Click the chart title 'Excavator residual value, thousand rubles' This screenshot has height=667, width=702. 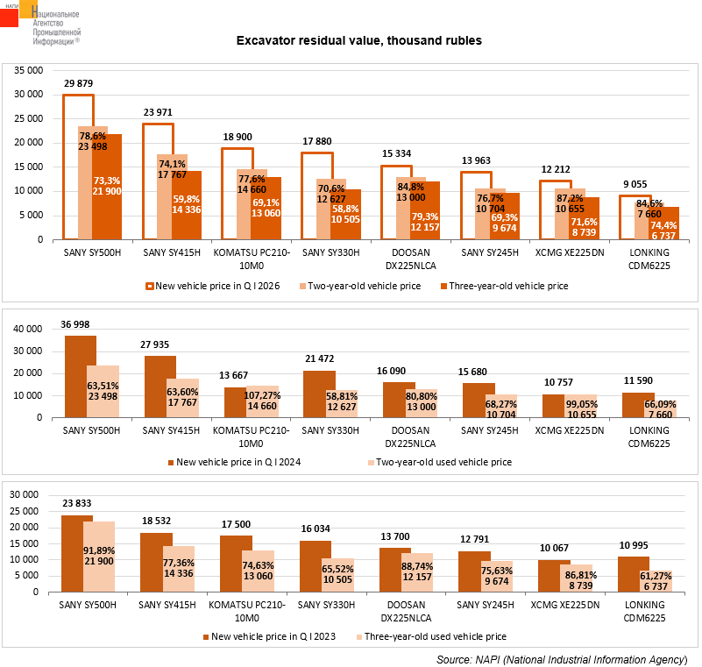point(359,40)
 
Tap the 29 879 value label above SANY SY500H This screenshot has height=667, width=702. point(78,84)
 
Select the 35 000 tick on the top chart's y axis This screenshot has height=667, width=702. point(29,70)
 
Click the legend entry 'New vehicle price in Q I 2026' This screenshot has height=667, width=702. point(213,286)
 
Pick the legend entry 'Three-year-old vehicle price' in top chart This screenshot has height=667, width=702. point(505,286)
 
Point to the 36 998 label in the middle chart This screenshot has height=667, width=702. point(75,324)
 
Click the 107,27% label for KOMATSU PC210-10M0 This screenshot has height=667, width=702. point(262,395)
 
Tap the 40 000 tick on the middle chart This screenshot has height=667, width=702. point(28,329)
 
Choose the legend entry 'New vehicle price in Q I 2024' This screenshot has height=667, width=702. point(234,462)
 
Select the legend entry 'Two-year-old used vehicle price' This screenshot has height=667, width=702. point(440,462)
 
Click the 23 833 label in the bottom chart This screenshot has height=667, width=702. point(77,504)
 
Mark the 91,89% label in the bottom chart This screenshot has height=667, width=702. point(99,550)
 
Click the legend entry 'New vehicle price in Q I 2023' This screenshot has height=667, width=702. point(269,636)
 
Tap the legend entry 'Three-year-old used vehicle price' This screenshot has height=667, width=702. point(431,636)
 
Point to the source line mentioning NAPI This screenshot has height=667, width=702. point(562,660)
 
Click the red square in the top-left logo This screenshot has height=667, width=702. point(9,18)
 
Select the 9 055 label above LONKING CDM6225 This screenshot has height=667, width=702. point(635,184)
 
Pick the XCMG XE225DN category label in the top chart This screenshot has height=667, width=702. point(570,253)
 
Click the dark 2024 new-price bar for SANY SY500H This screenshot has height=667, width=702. point(81,377)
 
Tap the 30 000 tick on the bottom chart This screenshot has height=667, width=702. point(25,494)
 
